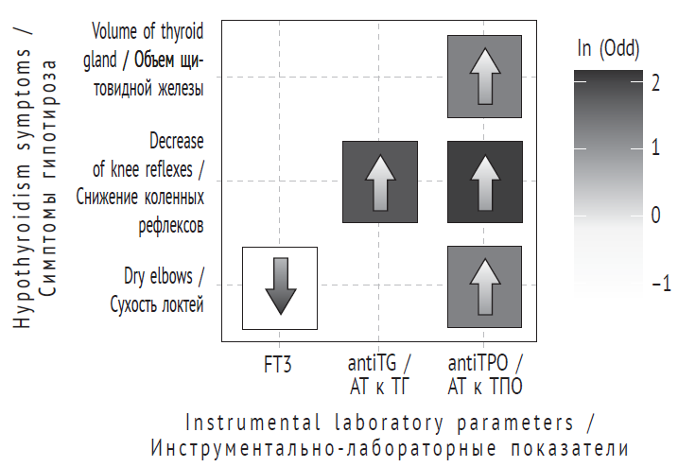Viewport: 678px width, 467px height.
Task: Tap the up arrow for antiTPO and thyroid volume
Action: point(484,76)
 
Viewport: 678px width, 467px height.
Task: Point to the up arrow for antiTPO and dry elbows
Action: point(484,287)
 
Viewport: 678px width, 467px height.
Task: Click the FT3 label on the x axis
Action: point(279,363)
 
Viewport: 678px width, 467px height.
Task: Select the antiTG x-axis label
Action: point(379,363)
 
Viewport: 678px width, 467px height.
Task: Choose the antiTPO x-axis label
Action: point(484,363)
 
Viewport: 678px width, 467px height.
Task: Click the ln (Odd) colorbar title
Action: point(608,48)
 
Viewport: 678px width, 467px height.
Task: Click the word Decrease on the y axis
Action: point(176,142)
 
